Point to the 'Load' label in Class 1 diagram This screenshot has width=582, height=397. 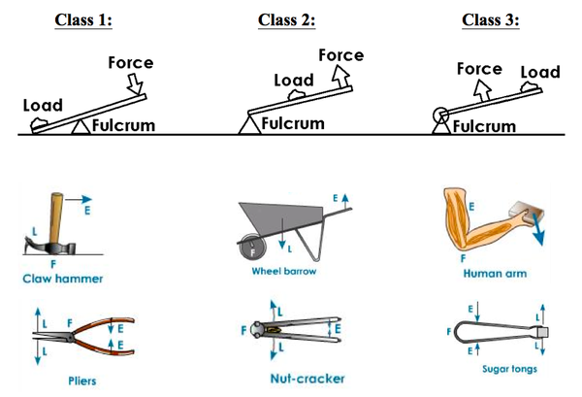tap(43, 105)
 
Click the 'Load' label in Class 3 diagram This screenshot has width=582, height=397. tap(540, 72)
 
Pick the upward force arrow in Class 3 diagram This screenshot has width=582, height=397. tap(477, 94)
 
